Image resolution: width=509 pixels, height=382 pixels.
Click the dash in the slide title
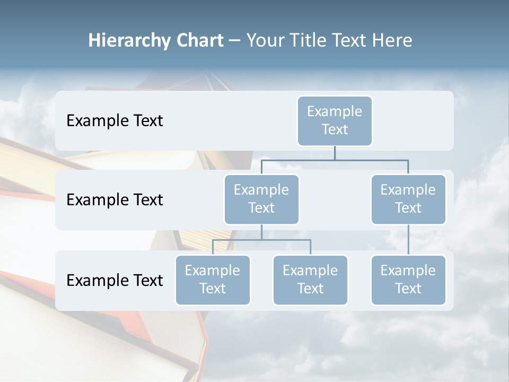pyautogui.click(x=235, y=40)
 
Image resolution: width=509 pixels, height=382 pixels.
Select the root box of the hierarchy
pyautogui.click(x=335, y=120)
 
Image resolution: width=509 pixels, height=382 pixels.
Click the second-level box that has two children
pyautogui.click(x=261, y=199)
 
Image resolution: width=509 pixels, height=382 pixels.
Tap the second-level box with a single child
pyautogui.click(x=408, y=199)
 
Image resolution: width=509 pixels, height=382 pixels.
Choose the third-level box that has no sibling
pyautogui.click(x=408, y=280)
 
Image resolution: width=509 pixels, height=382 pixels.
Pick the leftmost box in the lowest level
pyautogui.click(x=213, y=280)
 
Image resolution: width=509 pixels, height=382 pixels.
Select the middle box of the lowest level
pyautogui.click(x=310, y=280)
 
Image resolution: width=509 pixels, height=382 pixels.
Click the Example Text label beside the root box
pyautogui.click(x=115, y=120)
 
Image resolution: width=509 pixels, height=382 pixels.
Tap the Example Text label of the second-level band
pyautogui.click(x=115, y=199)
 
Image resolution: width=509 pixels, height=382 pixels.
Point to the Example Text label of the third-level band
pyautogui.click(x=115, y=280)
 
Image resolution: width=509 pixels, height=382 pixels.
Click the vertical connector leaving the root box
pyautogui.click(x=335, y=153)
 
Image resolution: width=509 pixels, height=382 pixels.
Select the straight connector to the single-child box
pyautogui.click(x=408, y=240)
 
